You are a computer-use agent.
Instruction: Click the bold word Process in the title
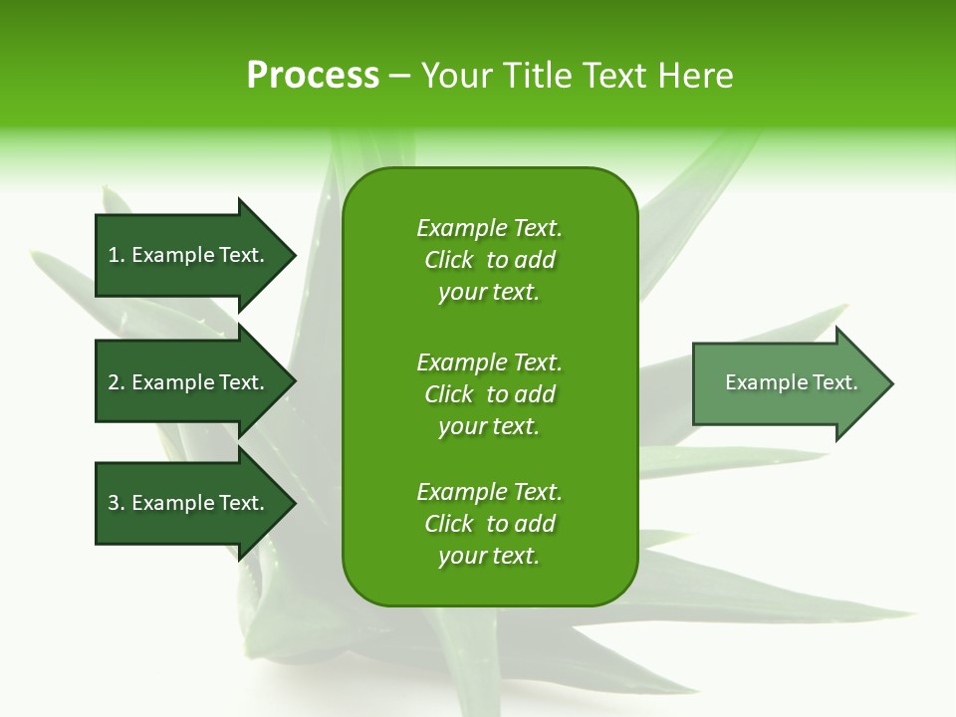(x=313, y=76)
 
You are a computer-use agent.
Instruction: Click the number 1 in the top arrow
(x=114, y=255)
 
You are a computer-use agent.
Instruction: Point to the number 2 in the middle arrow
(x=114, y=382)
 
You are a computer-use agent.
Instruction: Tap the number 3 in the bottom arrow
(x=114, y=503)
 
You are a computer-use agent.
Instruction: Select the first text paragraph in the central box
(x=489, y=260)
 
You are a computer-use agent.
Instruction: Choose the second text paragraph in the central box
(x=489, y=394)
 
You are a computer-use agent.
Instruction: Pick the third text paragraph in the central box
(x=489, y=524)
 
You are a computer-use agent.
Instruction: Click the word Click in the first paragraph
(x=448, y=260)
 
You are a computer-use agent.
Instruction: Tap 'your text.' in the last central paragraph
(x=489, y=556)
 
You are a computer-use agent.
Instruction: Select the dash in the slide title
(x=399, y=76)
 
